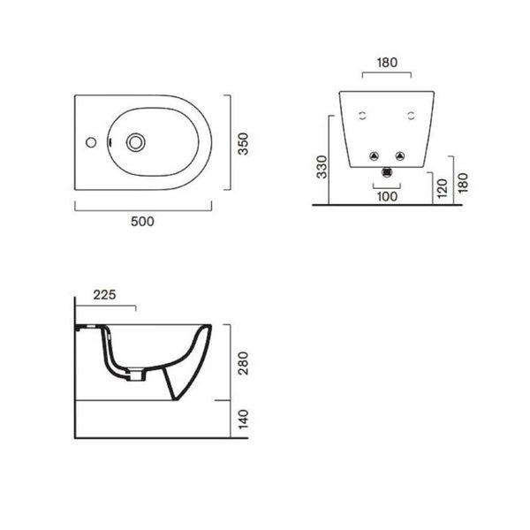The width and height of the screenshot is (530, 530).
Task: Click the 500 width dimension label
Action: point(142,222)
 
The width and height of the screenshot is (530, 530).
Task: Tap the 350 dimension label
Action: point(243,144)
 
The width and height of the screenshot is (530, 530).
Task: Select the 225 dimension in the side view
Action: point(104,295)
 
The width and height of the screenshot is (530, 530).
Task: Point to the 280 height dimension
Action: point(243,363)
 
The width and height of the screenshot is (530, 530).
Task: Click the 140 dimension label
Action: point(243,420)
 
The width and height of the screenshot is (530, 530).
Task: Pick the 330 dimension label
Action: point(322,167)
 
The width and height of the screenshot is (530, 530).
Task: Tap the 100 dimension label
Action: point(387,196)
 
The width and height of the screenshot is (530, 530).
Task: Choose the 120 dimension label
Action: point(443,188)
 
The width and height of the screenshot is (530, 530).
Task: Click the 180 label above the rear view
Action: point(387,63)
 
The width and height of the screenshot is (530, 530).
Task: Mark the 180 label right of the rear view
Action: point(463,183)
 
